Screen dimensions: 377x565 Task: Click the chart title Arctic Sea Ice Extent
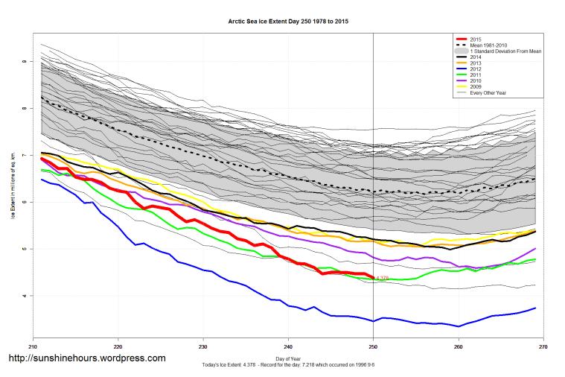pos(288,22)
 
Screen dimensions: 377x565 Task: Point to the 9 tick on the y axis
pos(25,62)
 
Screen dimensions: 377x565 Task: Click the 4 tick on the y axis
pos(25,296)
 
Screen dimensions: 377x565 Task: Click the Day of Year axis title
pos(288,358)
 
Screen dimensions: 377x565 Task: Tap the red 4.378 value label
pos(383,279)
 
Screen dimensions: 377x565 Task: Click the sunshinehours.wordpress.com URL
pos(86,358)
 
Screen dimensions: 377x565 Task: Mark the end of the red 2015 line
pos(373,278)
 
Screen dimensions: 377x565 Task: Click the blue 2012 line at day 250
pos(373,321)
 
